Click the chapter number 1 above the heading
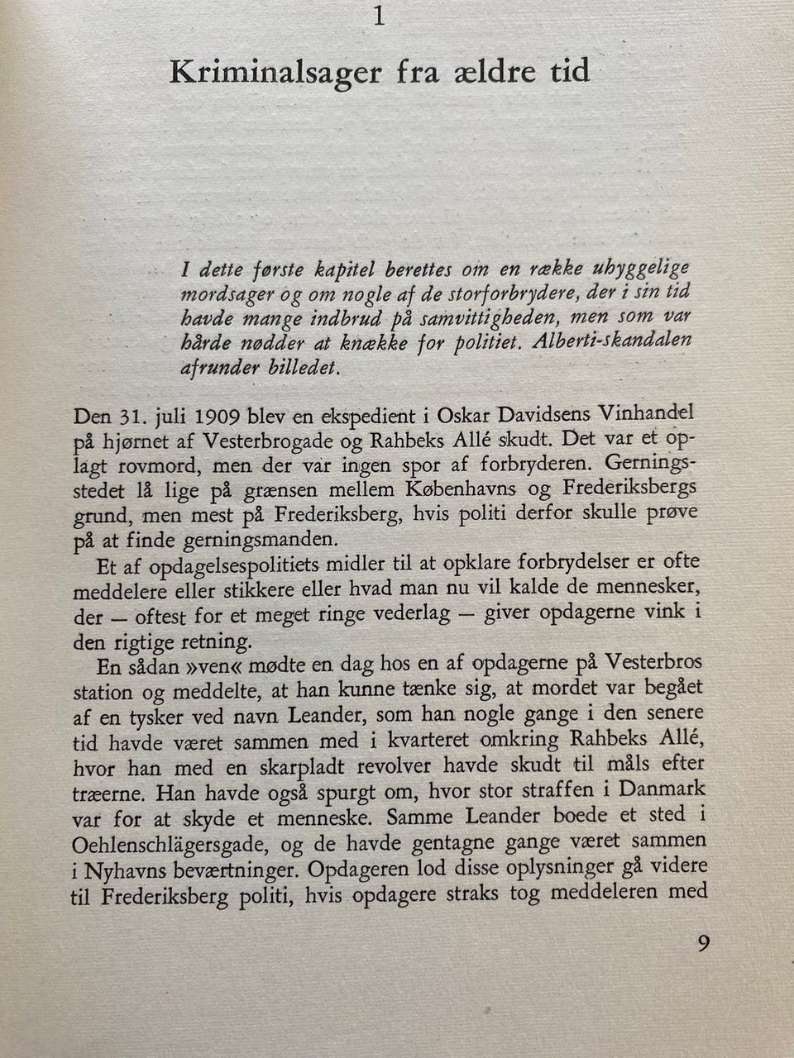380,16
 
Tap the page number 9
702,943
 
